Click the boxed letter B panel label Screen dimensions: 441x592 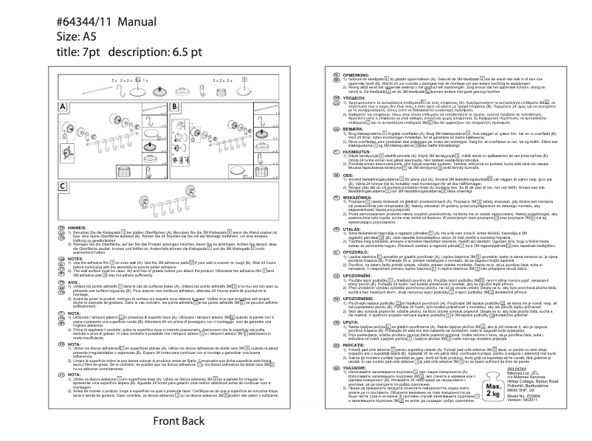(x=174, y=106)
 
